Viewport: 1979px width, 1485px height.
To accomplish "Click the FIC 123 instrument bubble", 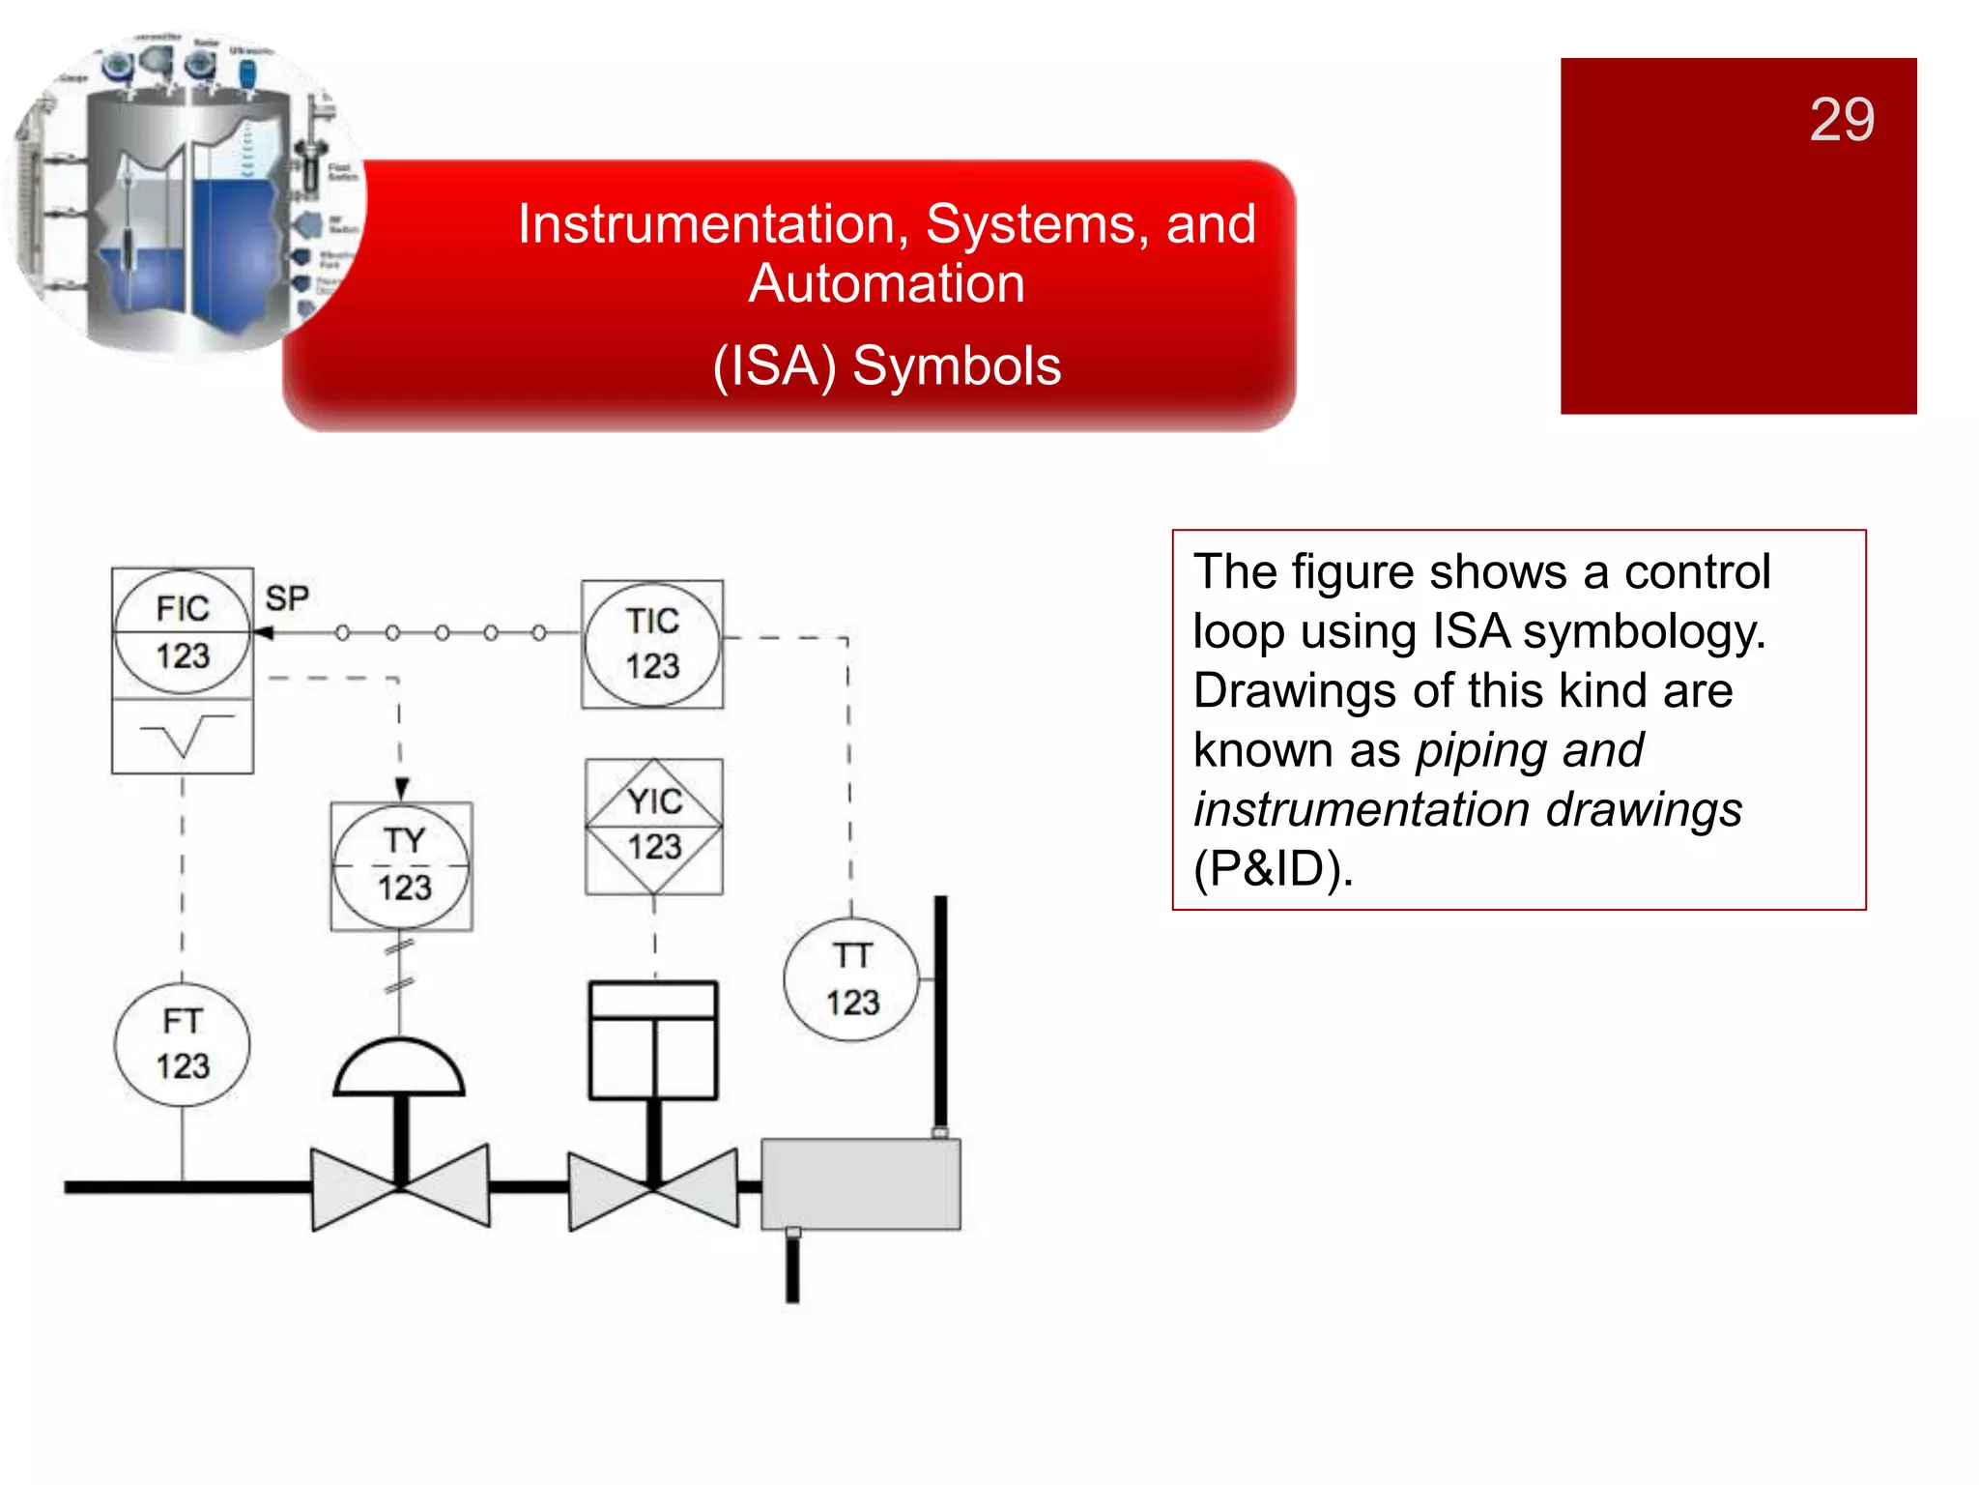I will pos(182,633).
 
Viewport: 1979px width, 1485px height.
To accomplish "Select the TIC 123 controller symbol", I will pos(652,644).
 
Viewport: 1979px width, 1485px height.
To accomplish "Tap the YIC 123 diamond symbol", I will pos(654,826).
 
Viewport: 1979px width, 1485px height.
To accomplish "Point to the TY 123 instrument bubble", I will pos(402,865).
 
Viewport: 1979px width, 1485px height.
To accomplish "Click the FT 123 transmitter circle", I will pos(183,1044).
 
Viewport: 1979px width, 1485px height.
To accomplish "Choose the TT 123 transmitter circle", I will pos(851,979).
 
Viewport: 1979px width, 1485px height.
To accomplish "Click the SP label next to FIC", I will pos(287,598).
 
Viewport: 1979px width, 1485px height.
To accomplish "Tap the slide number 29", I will pos(1842,120).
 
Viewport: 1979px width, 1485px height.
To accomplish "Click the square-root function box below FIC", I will pos(183,737).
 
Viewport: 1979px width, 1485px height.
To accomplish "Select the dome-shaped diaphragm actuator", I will pos(400,1069).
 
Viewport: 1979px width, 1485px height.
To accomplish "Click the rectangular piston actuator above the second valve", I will pos(653,1040).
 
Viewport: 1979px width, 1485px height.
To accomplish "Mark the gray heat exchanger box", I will pos(861,1184).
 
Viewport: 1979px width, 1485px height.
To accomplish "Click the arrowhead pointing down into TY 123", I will pos(402,788).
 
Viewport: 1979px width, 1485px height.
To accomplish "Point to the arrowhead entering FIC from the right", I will pos(263,633).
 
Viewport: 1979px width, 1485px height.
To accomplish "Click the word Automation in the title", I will pos(886,284).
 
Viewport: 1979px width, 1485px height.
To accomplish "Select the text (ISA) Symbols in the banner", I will pos(886,366).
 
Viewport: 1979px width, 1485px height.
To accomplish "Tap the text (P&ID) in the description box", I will pos(1273,868).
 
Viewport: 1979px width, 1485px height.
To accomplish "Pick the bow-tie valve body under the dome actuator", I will pos(400,1187).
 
